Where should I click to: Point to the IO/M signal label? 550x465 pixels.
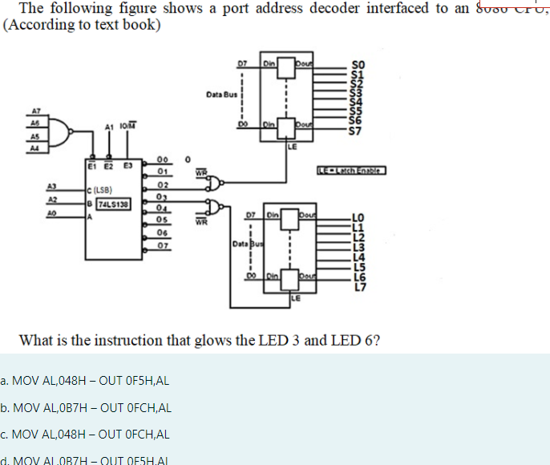coord(129,124)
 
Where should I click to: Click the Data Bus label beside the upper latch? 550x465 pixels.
coord(218,94)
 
